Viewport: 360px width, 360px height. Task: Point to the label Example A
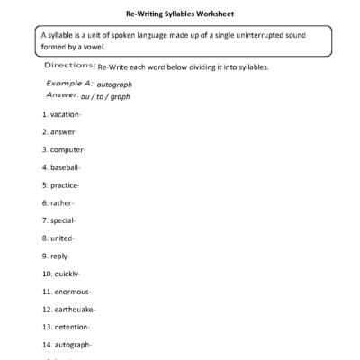click(67, 83)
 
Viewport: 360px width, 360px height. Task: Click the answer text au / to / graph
click(106, 93)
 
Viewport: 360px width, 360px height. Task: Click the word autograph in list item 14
click(75, 344)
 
